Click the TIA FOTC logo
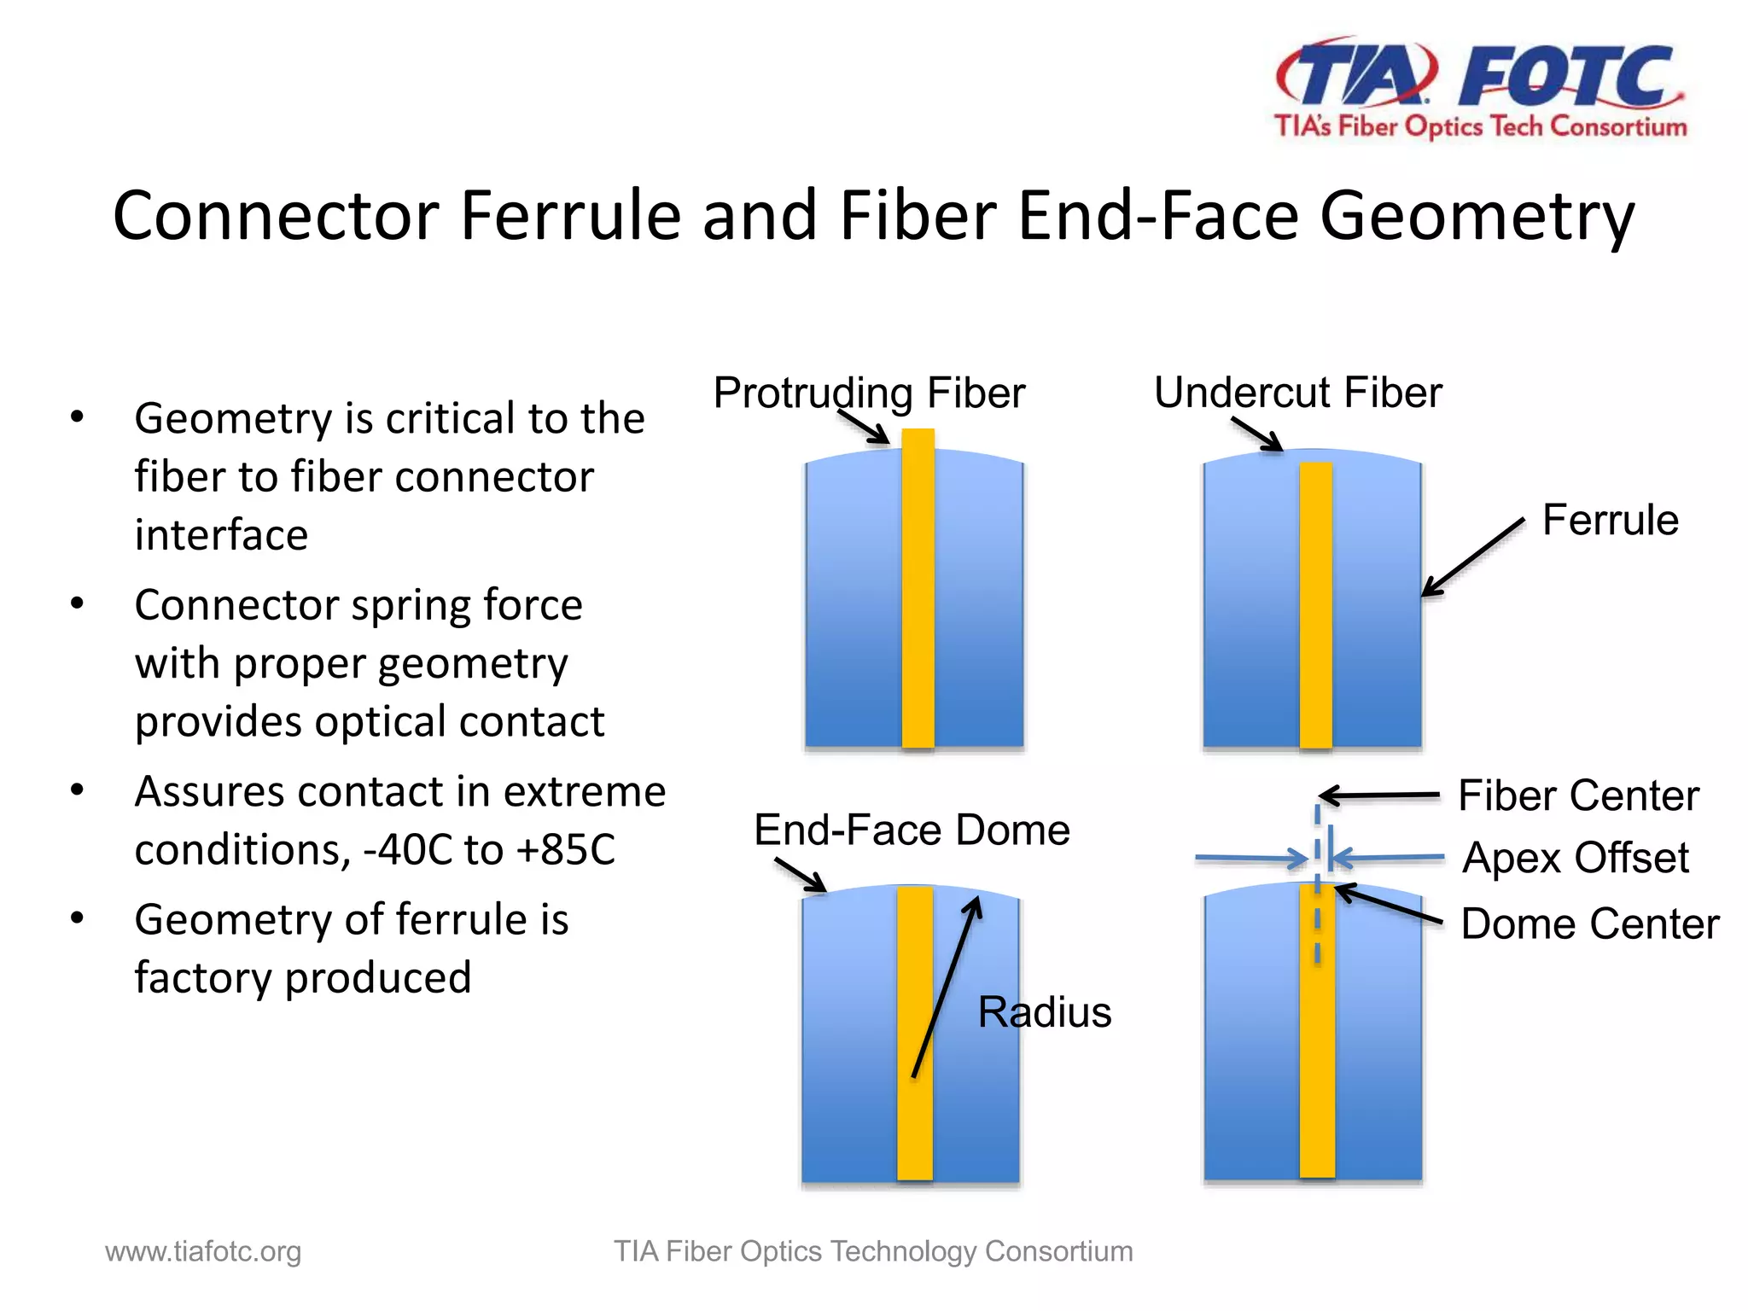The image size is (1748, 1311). point(1480,88)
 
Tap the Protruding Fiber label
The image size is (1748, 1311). point(869,393)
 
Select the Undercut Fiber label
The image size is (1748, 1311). point(1297,393)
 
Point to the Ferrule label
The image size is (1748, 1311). point(1610,520)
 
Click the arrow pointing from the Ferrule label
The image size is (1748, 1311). point(1473,556)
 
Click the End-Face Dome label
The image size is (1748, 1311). point(912,830)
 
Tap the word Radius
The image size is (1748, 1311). point(1044,1012)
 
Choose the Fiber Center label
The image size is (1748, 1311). point(1578,795)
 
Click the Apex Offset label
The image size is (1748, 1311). point(1575,858)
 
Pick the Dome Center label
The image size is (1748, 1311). point(1589,924)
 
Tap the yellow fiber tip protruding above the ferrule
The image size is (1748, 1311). point(918,439)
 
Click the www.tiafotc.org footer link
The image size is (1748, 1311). point(203,1251)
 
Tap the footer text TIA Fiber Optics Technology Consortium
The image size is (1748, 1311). point(873,1251)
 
